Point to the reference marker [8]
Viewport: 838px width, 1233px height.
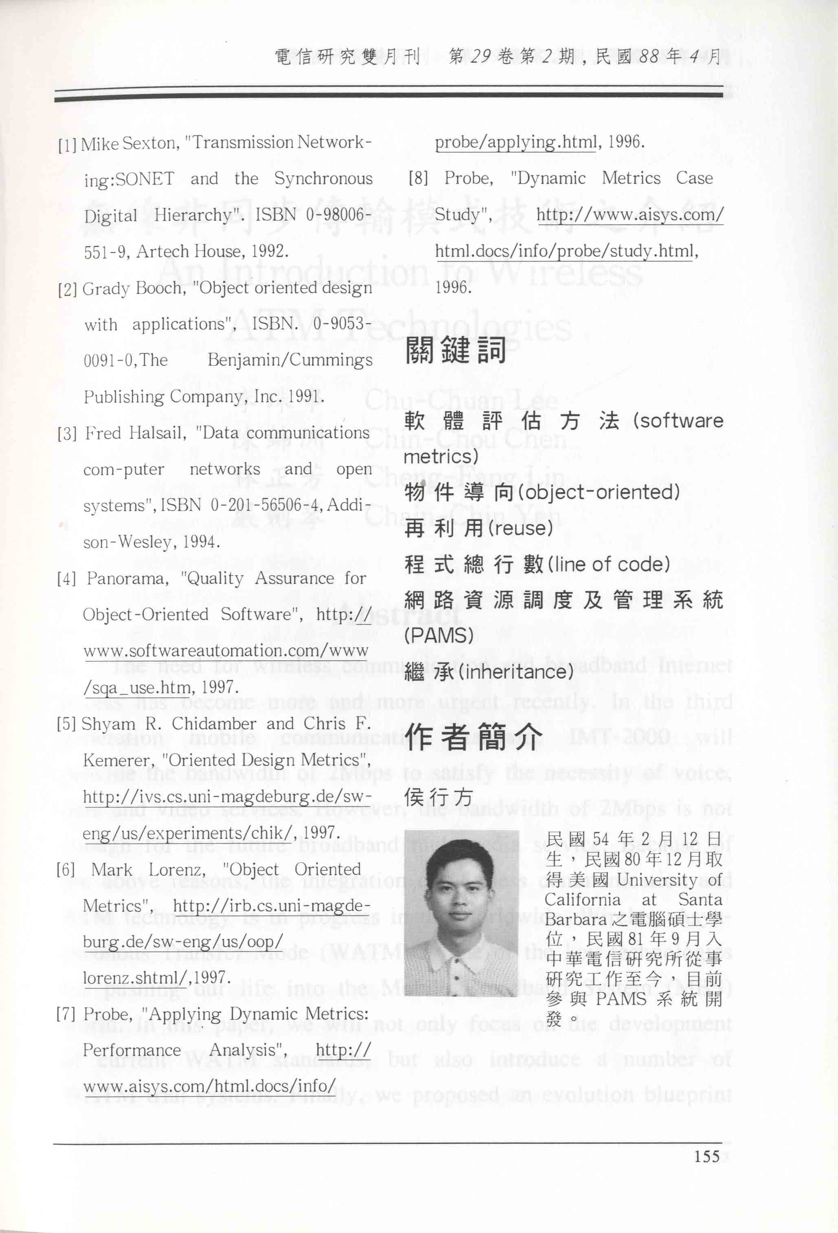point(418,178)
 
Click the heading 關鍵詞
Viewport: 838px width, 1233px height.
point(456,351)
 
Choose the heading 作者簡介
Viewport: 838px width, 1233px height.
point(474,737)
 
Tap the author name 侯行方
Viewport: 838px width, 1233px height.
point(438,797)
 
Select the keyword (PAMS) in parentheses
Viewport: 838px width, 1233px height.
point(438,636)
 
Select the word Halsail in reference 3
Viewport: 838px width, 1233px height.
point(158,433)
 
